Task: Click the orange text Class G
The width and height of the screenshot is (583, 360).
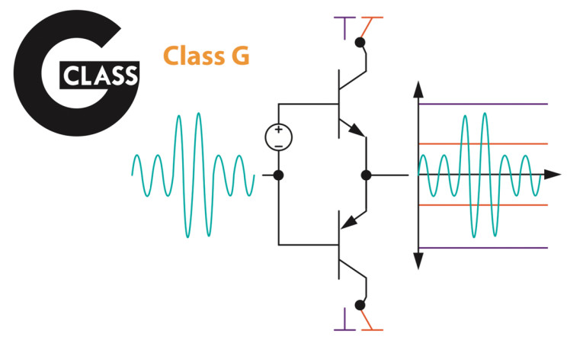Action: [x=206, y=56]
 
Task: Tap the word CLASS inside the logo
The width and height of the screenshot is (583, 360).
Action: [x=100, y=76]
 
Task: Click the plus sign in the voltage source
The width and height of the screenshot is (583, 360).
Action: [x=278, y=130]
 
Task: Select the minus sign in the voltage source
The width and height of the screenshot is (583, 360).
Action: [x=278, y=146]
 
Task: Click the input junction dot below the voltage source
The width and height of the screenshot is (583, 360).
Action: [x=278, y=175]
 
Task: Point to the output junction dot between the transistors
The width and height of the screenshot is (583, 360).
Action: [x=367, y=175]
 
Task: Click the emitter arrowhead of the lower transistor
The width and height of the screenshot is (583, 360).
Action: [x=350, y=222]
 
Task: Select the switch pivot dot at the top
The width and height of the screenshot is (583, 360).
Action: [x=360, y=43]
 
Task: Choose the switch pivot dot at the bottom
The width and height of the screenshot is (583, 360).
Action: [x=360, y=305]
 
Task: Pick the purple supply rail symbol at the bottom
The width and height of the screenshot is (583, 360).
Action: [x=344, y=320]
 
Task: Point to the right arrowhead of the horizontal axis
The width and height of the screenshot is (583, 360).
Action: [x=553, y=174]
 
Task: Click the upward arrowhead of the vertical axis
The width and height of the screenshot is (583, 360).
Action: [x=418, y=89]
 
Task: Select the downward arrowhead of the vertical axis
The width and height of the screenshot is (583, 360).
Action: [x=418, y=261]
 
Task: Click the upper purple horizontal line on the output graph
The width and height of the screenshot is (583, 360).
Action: [x=483, y=104]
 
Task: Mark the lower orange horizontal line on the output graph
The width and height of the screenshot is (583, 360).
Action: [x=483, y=205]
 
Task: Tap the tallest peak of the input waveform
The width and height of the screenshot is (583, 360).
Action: [x=199, y=113]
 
